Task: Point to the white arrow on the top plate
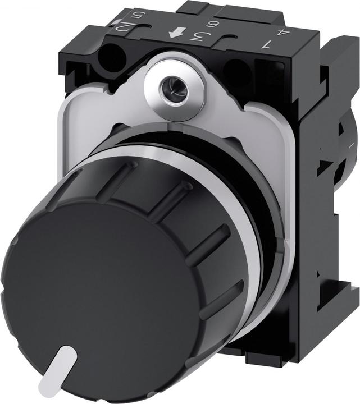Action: point(175,35)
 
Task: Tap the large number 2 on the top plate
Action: point(127,26)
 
